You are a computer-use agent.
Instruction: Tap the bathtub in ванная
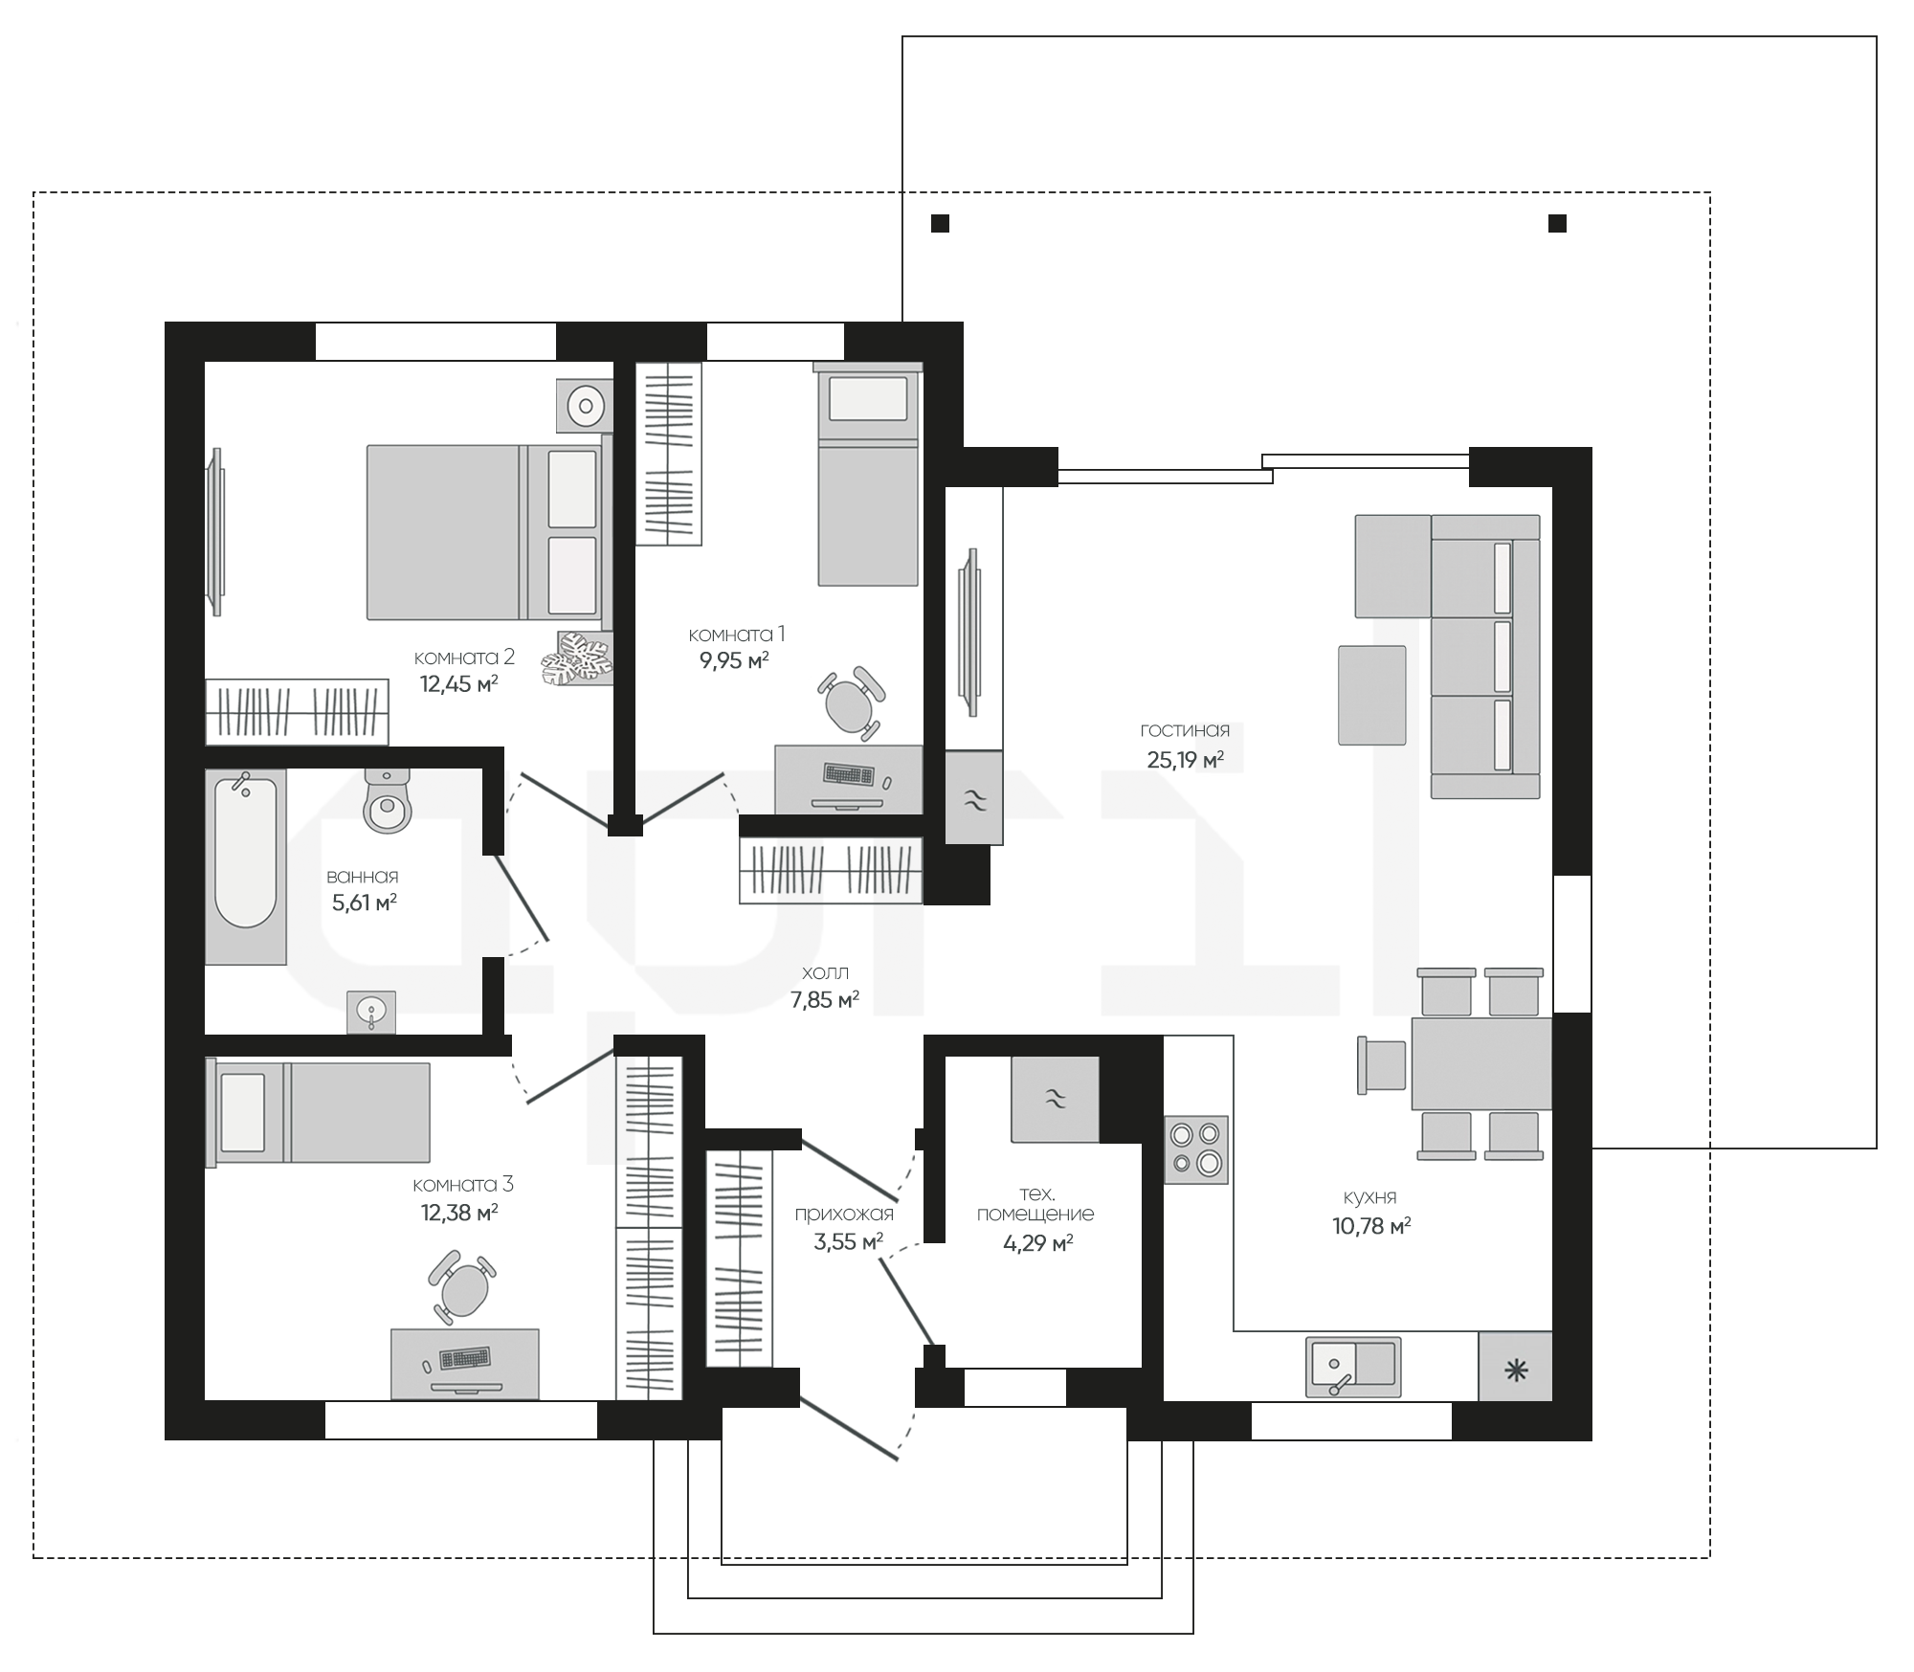[246, 867]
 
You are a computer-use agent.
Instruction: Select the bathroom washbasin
[371, 1012]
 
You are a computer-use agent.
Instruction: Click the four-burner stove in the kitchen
[1196, 1149]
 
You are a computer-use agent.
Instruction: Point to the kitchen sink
[1353, 1367]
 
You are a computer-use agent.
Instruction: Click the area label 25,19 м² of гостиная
[1186, 761]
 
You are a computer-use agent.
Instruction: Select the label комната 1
[737, 635]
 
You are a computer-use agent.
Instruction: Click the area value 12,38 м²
[459, 1214]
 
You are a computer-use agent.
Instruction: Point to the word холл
[825, 973]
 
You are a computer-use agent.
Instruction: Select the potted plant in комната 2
[577, 658]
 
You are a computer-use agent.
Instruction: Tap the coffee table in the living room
[1372, 695]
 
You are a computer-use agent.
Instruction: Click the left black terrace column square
[941, 224]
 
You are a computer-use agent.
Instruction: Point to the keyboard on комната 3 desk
[465, 1358]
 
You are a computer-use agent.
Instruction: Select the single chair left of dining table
[1382, 1064]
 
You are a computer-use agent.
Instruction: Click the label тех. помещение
[1035, 1204]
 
